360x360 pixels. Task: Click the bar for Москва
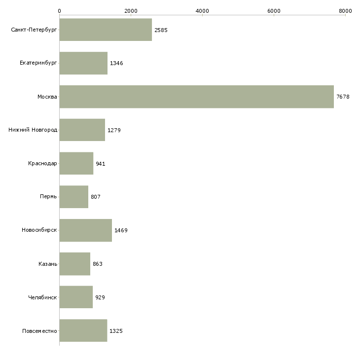coord(197,97)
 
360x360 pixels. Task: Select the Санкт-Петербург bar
coord(106,30)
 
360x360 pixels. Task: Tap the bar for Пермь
coord(73,197)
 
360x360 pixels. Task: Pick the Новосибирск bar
coord(86,230)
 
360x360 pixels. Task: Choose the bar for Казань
coord(75,264)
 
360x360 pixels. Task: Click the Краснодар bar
coord(76,163)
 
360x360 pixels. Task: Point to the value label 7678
coord(343,97)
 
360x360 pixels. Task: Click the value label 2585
coord(161,30)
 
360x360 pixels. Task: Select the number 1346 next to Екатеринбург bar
coord(116,63)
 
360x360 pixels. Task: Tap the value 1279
coord(114,130)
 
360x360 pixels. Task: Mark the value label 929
coord(100,297)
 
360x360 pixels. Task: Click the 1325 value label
coord(116,331)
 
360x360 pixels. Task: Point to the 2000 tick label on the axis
coord(131,11)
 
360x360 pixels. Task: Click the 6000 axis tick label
coord(274,11)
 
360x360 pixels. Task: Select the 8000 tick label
coord(345,11)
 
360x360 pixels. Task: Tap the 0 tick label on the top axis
coord(60,11)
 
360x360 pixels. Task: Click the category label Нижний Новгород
coord(33,130)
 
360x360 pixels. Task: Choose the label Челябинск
coord(42,297)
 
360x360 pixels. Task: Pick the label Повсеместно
coord(39,331)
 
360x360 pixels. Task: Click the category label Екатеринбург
coord(38,63)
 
